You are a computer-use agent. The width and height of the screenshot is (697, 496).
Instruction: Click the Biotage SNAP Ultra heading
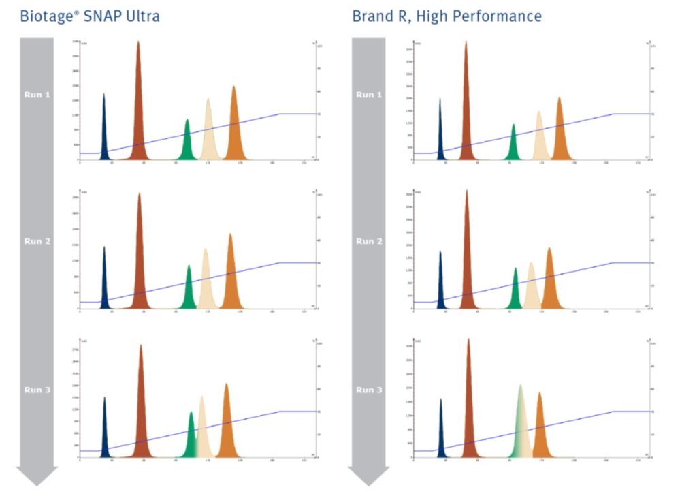(90, 15)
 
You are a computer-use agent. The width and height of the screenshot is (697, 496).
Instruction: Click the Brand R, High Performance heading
(447, 15)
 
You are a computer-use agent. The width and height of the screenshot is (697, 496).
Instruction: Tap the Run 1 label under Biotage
(37, 95)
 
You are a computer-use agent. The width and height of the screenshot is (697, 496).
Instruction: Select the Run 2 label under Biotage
(37, 241)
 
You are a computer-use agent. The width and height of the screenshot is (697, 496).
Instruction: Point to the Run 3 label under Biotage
(37, 390)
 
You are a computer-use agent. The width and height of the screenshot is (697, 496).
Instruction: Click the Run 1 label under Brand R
(369, 95)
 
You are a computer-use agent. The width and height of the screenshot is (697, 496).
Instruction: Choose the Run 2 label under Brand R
(369, 241)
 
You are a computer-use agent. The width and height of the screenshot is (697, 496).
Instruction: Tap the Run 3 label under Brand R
(369, 390)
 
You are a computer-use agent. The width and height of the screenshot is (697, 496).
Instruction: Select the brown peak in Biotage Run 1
(138, 109)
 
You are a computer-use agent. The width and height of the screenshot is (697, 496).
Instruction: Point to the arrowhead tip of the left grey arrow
(37, 485)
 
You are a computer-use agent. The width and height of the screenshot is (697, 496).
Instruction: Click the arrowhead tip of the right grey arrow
(369, 485)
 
